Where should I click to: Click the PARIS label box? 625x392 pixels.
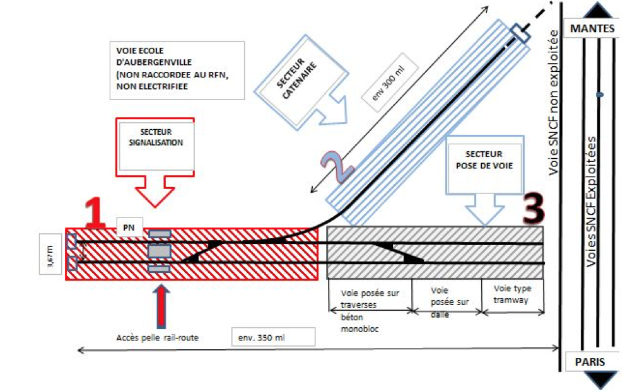coord(589,362)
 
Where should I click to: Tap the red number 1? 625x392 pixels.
coord(94,213)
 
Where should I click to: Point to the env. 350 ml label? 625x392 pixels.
coord(272,336)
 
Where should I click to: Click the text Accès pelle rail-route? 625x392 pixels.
coord(158,337)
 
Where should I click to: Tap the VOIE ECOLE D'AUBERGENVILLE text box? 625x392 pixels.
coord(177,70)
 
